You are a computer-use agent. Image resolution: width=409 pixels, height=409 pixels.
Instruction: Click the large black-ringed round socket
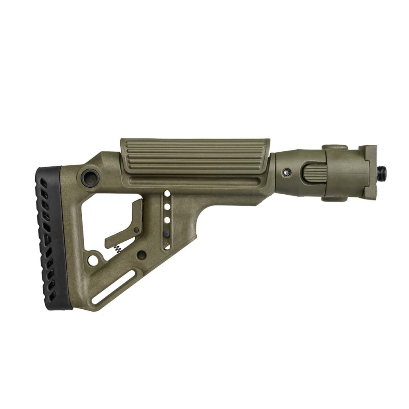(x=90, y=176)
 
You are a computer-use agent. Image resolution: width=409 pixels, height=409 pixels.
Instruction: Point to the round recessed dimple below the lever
(x=142, y=256)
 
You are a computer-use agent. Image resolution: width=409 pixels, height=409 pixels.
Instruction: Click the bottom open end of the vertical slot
(x=166, y=247)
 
